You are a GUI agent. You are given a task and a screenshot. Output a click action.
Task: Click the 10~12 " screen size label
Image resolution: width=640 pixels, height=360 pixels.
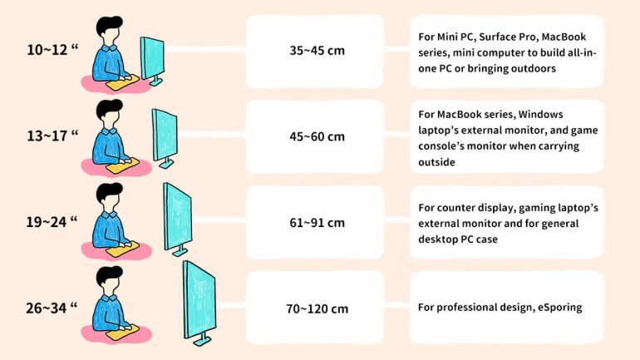pos(52,50)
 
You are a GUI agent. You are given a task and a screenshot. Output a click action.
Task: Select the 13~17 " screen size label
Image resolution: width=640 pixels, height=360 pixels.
pos(52,136)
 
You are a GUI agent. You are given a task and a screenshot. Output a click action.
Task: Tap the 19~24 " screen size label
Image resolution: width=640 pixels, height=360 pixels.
pos(52,222)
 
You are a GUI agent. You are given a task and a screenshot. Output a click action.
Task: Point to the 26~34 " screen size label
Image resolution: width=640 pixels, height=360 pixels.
pos(52,308)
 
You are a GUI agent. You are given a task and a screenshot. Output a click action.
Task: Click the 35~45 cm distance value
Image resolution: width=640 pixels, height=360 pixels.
pos(317,51)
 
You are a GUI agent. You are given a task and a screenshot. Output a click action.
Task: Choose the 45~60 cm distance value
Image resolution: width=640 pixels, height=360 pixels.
pos(317,136)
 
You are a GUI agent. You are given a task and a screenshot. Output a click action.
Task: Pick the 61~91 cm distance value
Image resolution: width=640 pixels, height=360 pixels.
pos(317,223)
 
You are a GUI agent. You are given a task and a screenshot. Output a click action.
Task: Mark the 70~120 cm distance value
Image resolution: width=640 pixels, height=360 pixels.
pos(317,308)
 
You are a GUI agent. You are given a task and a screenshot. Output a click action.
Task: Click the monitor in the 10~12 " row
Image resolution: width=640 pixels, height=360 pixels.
pos(153,58)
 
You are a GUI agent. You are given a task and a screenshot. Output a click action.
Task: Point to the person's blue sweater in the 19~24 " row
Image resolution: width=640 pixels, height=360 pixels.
pos(106,227)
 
